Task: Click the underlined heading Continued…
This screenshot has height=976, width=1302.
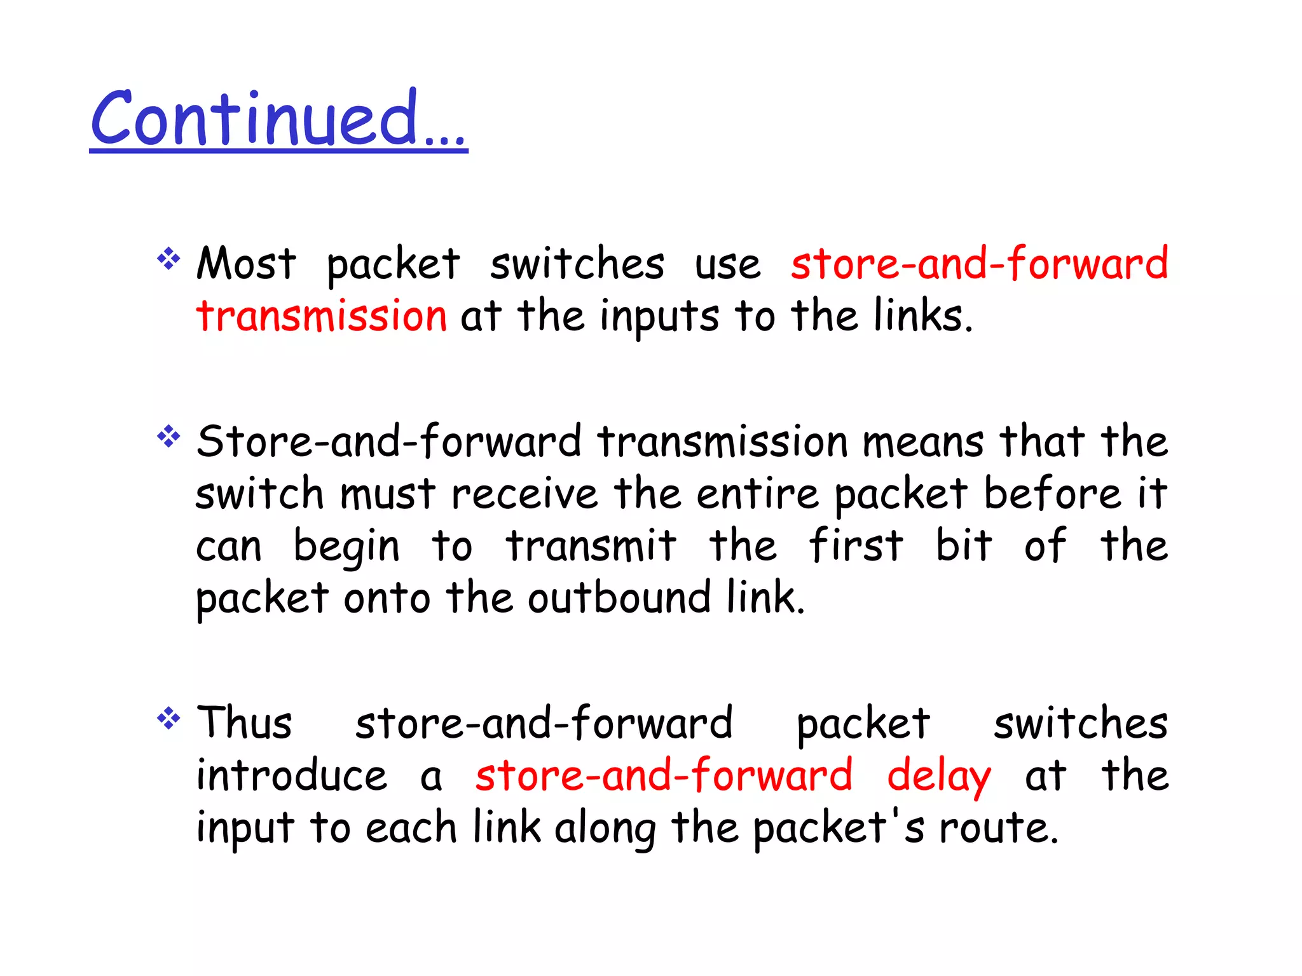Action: tap(278, 119)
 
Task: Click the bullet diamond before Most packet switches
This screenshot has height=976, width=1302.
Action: tap(168, 259)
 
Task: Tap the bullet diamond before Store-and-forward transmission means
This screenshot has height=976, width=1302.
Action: tap(168, 437)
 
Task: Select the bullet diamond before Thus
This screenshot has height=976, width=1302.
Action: tap(168, 719)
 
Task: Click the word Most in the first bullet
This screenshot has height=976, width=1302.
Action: tap(246, 264)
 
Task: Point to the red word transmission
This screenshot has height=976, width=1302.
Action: tap(322, 316)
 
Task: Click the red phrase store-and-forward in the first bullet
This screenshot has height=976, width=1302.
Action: tap(979, 264)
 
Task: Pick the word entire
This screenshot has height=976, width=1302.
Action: tap(757, 494)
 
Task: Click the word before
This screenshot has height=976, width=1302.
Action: tap(1053, 494)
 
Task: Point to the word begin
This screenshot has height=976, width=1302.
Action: tap(346, 547)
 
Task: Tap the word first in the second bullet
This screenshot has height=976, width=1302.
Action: tap(856, 546)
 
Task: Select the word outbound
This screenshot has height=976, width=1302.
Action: tap(619, 598)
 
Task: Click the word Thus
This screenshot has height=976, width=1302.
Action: tap(244, 724)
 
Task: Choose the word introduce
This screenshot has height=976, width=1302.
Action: tap(291, 776)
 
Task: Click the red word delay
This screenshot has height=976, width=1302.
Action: tap(938, 777)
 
